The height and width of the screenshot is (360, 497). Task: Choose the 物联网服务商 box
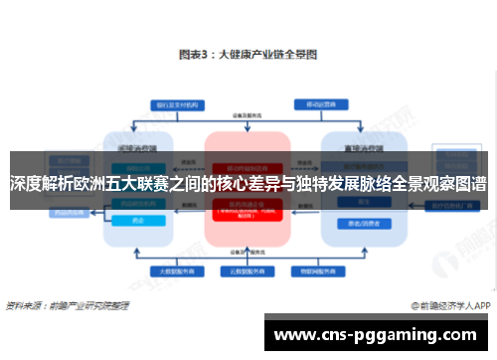click(x=316, y=270)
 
